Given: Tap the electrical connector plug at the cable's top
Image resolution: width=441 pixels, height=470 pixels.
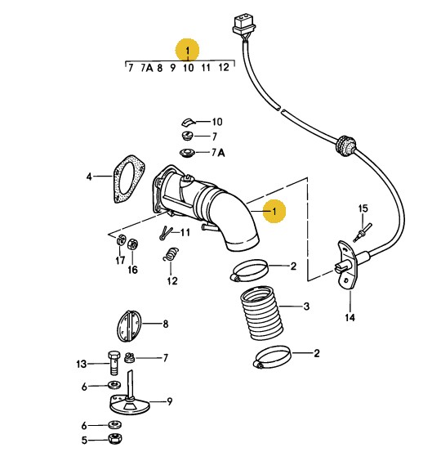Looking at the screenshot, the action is [244, 24].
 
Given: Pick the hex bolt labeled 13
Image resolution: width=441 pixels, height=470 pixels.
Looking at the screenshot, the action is [114, 362].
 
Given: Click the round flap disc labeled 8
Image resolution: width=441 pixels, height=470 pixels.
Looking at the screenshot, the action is [128, 326].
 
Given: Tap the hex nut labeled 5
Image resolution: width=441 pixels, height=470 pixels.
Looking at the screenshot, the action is [115, 439].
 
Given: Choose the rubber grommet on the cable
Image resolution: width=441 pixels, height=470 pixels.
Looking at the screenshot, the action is [345, 145].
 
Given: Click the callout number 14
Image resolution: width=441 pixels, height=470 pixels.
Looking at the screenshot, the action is [350, 317].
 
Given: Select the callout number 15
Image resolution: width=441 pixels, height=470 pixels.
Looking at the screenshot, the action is [363, 208].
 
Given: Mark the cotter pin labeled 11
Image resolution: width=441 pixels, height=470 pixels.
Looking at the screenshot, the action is [166, 233].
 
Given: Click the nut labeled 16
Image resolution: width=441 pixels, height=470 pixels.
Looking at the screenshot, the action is [132, 244].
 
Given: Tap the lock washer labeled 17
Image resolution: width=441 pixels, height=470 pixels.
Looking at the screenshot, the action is [120, 239].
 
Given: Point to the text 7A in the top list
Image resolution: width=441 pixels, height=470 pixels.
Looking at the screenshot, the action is [146, 68].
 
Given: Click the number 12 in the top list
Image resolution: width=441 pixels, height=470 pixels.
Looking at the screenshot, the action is [223, 67].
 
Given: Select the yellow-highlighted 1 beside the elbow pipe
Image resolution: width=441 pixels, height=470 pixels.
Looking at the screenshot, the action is [274, 212].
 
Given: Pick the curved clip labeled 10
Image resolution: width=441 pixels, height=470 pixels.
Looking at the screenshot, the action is [188, 122].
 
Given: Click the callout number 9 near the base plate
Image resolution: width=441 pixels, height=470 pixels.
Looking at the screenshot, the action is [170, 401].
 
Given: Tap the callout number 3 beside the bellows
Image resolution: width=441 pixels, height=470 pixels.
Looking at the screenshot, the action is [306, 307].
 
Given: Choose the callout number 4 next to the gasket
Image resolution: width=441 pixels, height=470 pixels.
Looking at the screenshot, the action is [89, 177].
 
